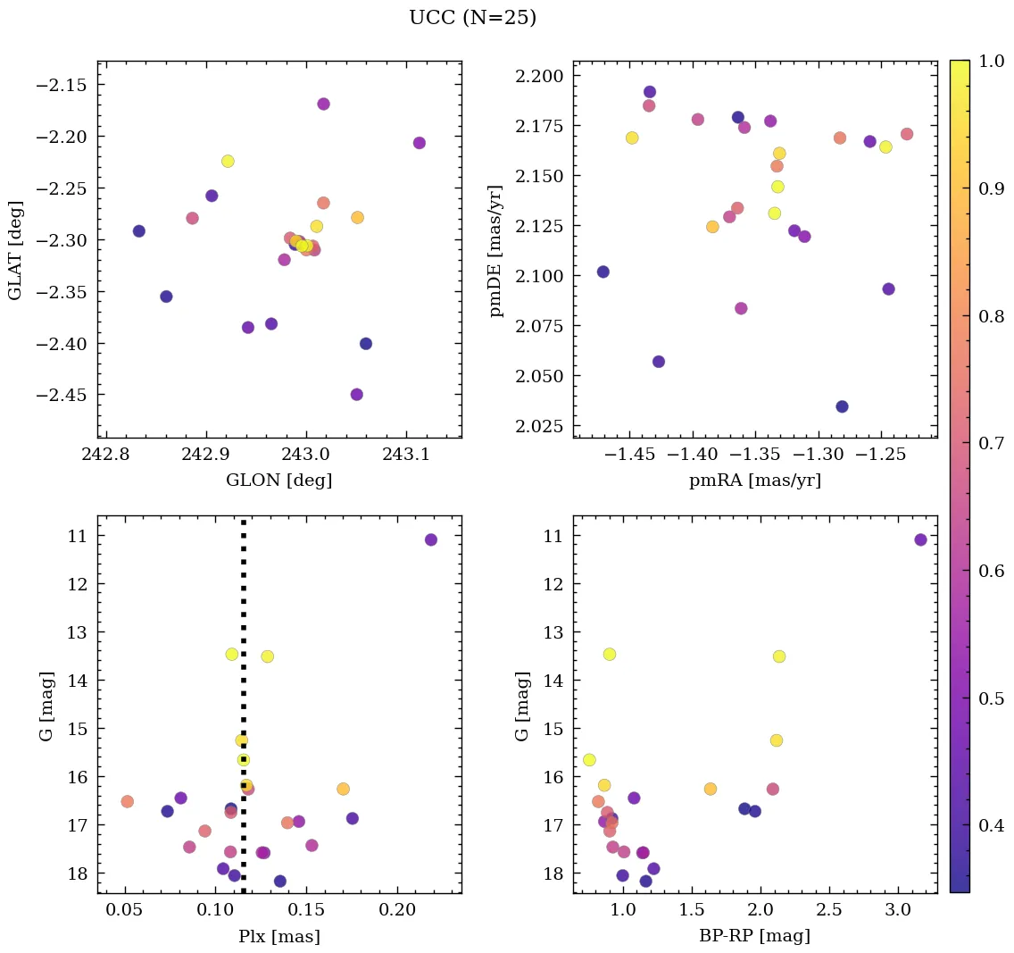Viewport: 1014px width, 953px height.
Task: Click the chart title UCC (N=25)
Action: (472, 18)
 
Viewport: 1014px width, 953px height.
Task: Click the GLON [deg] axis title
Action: (278, 481)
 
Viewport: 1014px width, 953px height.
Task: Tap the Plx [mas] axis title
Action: (278, 936)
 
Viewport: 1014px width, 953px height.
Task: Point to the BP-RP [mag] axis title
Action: (754, 936)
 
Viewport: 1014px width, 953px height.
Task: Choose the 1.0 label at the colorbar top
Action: (992, 61)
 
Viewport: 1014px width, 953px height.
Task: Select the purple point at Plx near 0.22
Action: (431, 539)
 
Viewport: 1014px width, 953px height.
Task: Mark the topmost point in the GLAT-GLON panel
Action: (323, 104)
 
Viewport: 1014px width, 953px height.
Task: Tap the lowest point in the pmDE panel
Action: (842, 406)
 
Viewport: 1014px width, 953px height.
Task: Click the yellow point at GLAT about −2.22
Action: (228, 161)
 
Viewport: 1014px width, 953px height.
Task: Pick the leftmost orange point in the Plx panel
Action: (128, 801)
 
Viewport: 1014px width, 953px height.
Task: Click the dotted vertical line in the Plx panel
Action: (244, 625)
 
